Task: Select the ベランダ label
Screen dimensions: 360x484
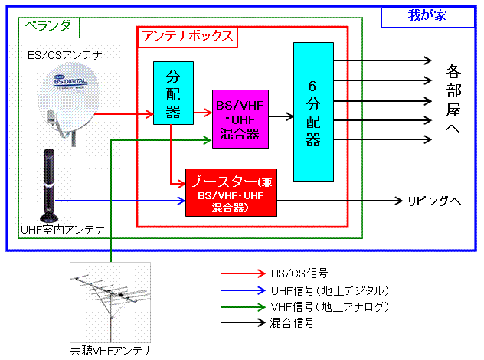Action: tap(47, 25)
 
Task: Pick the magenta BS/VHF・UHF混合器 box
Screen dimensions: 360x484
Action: tap(240, 119)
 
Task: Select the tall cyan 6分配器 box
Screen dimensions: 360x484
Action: tap(312, 112)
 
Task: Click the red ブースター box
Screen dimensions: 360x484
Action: tap(231, 191)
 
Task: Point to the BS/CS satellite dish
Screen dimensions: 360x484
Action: tap(67, 96)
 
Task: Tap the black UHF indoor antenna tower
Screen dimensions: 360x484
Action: tap(50, 185)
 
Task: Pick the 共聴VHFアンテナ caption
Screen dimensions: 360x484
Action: tap(112, 351)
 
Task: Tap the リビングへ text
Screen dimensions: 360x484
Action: tap(433, 201)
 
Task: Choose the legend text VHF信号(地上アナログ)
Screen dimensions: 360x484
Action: tap(331, 306)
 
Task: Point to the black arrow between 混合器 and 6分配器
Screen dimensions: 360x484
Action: tap(280, 117)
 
